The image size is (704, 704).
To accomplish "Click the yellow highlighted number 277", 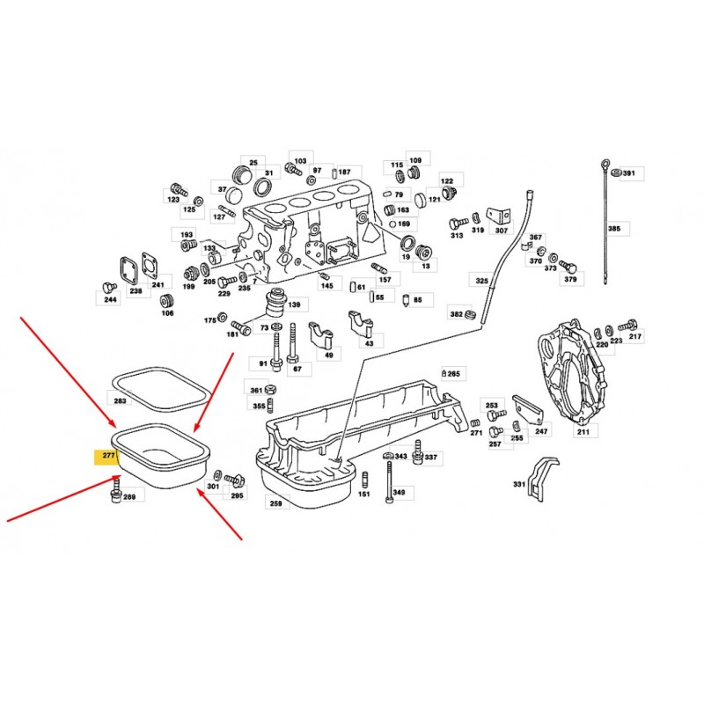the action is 109,455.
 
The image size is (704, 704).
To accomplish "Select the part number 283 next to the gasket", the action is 121,400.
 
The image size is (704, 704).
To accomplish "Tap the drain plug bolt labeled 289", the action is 116,491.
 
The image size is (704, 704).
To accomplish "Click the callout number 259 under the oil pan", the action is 276,503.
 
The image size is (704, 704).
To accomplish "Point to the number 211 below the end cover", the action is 583,431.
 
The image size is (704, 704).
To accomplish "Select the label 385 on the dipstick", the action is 614,229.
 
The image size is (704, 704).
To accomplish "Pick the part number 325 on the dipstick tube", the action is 481,281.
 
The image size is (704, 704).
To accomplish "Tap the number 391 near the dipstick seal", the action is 629,172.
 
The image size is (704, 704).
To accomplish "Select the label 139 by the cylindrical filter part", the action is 294,304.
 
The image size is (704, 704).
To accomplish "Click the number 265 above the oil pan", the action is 454,373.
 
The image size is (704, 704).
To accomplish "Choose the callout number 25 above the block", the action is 253,163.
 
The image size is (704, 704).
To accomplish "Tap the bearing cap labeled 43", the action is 361,322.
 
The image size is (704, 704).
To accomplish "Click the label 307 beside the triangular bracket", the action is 501,231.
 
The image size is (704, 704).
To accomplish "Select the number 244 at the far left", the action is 111,299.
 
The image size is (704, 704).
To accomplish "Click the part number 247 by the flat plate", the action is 541,431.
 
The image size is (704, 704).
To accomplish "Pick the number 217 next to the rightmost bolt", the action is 635,336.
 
